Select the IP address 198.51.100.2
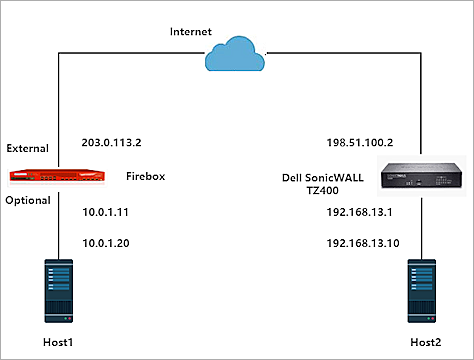coord(357,143)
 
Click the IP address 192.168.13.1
coord(354,212)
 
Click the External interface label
coord(29,148)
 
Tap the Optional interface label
coord(29,200)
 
